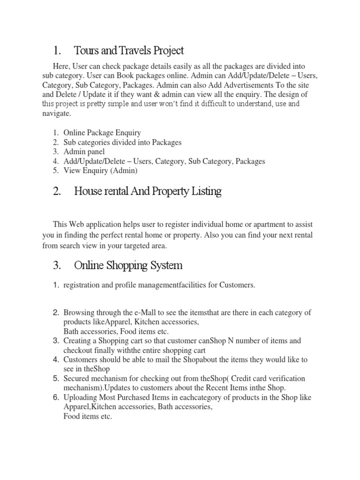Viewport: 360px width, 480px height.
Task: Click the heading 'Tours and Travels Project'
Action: [129, 50]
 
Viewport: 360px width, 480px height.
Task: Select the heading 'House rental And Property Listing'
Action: [148, 191]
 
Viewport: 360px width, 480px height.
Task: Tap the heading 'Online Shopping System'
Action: [128, 266]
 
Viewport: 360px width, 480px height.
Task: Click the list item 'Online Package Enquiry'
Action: [102, 133]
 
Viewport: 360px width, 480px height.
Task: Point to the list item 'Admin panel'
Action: [84, 151]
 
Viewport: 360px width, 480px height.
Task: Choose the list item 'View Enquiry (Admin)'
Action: [100, 171]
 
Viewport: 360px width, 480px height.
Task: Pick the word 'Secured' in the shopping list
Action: [77, 378]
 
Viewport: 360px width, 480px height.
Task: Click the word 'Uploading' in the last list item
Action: [80, 397]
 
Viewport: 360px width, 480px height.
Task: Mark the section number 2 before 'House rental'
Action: [57, 191]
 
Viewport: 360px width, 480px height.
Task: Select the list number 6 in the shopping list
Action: [55, 397]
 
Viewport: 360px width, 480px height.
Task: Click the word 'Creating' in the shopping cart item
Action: [77, 340]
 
